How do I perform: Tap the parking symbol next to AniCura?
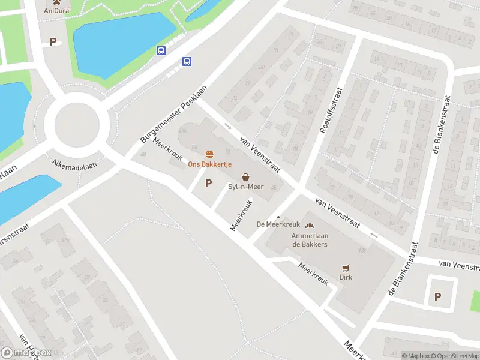coord(53,42)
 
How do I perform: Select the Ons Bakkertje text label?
coord(209,164)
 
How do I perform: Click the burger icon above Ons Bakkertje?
coord(209,155)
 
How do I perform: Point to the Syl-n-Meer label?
coord(245,187)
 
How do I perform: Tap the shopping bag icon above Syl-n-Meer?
coord(245,177)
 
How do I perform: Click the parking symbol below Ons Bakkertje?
coord(209,184)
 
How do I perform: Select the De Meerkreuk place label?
coord(278,224)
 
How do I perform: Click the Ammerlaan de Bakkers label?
coord(309,240)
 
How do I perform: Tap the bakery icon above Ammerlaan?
coord(310,226)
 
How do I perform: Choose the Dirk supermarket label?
coord(345,277)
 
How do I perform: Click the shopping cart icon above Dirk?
coord(345,268)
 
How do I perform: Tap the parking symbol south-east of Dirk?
coord(437,296)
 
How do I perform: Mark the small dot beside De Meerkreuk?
coord(278,217)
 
